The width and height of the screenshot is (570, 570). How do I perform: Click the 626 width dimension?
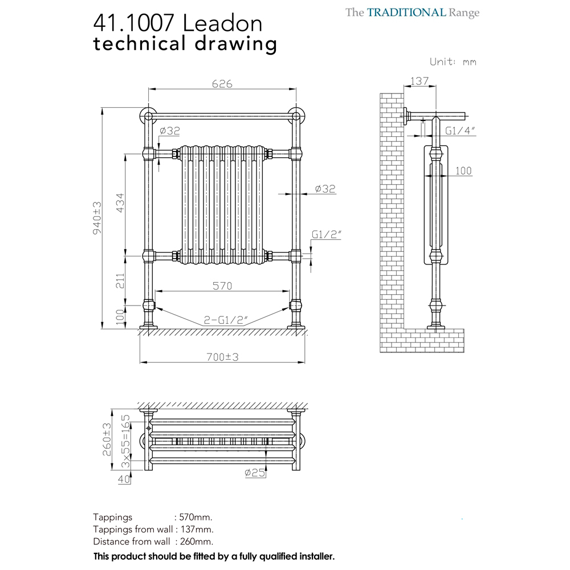click(x=222, y=84)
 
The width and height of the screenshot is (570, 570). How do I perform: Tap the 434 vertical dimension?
click(x=120, y=202)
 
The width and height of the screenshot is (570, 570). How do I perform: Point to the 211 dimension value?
click(x=120, y=280)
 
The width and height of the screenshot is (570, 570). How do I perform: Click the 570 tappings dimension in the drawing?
click(x=222, y=286)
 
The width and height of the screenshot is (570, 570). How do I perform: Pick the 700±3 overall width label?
click(x=222, y=357)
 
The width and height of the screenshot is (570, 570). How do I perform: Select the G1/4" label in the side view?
click(x=461, y=131)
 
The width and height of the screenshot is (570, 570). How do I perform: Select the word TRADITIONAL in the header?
click(x=406, y=13)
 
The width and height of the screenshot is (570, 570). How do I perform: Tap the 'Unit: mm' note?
click(x=453, y=62)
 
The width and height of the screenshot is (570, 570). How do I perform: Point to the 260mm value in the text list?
click(x=196, y=541)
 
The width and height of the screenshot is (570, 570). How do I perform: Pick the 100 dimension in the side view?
click(x=463, y=170)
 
